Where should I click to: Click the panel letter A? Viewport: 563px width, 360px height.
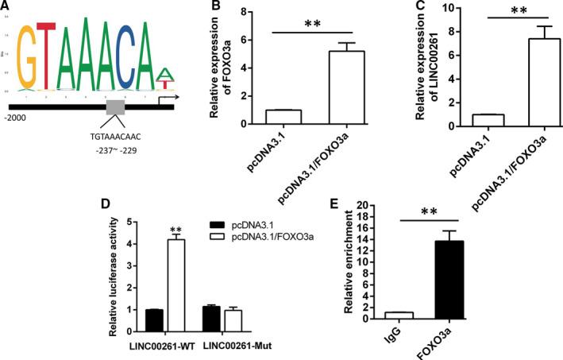point(7,7)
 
